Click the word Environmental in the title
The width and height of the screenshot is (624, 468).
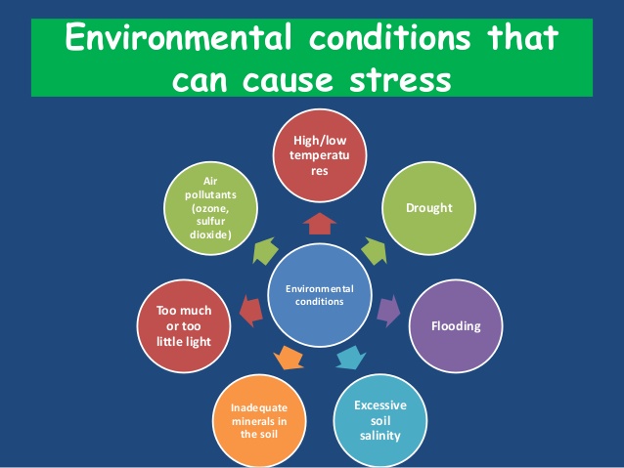pos(179,37)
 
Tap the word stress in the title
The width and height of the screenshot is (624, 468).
pos(400,79)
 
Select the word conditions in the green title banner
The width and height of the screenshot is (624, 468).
pos(390,37)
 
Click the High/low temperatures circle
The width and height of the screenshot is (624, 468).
pos(320,155)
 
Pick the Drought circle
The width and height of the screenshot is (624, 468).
pos(428,208)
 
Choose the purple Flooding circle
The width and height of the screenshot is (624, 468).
pos(456,326)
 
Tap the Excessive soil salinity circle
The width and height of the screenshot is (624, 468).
pos(380,420)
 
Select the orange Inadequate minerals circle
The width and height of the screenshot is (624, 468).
pos(259,421)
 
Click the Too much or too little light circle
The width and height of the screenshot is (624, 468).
pos(184,326)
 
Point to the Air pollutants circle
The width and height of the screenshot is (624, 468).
pos(210,208)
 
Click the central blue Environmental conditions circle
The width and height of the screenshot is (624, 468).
pos(320,295)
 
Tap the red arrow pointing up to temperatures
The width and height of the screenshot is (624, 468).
pos(320,224)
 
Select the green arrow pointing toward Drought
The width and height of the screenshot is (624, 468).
pos(374,251)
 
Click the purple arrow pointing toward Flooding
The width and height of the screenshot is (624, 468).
pos(388,311)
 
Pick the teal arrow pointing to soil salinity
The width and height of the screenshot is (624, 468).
pos(350,358)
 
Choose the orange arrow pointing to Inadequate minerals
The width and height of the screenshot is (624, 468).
pos(289,358)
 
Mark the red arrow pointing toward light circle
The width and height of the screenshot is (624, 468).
pos(251,311)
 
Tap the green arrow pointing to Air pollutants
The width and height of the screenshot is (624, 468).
pos(265,251)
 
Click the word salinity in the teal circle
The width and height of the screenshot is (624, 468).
pos(380,436)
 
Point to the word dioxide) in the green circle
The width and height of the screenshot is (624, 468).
pos(210,234)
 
